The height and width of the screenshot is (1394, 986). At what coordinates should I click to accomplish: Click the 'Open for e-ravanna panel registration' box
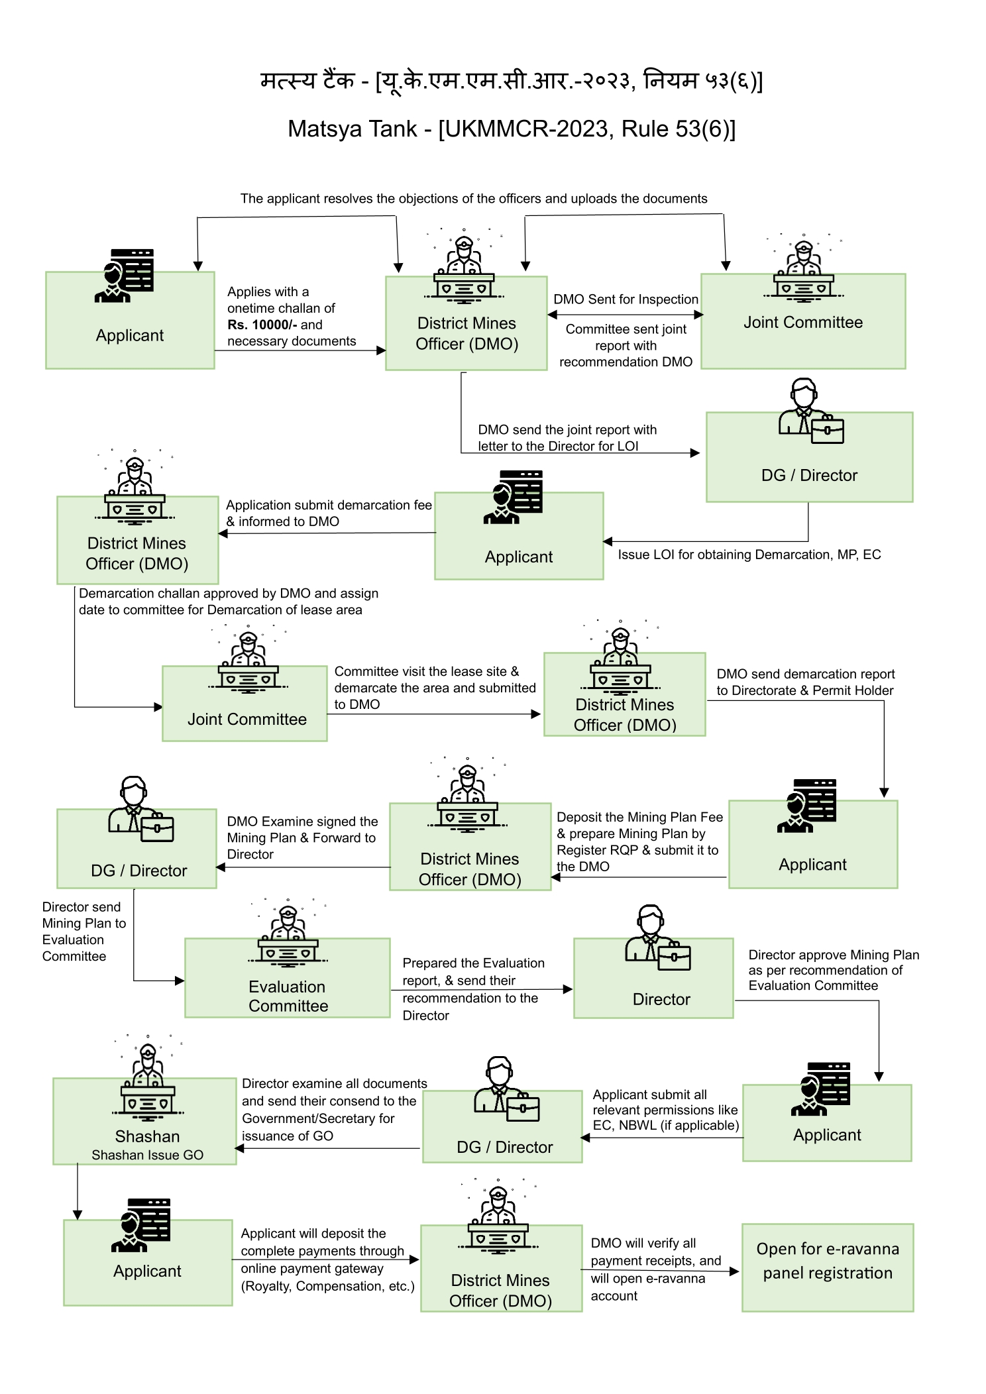point(827,1267)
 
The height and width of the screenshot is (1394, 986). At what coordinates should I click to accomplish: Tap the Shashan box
point(144,1120)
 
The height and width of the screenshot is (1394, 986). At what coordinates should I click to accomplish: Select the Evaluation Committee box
point(287,977)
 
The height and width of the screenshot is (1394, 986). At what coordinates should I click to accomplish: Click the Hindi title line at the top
point(512,81)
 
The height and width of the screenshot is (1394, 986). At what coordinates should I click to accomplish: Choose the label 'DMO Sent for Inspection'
point(626,299)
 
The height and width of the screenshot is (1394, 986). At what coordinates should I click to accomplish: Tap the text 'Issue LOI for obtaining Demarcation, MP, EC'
point(749,555)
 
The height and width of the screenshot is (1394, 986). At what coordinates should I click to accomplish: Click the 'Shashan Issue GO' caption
point(147,1155)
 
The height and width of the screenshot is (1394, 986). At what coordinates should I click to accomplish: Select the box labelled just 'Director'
point(653,978)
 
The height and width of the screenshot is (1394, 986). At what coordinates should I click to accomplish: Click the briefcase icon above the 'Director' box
point(673,957)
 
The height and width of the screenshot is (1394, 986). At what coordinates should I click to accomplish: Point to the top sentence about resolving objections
point(474,199)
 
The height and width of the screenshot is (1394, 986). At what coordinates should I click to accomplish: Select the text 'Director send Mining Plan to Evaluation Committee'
point(84,932)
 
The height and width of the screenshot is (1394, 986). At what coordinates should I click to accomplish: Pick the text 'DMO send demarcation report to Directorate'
point(805,682)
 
